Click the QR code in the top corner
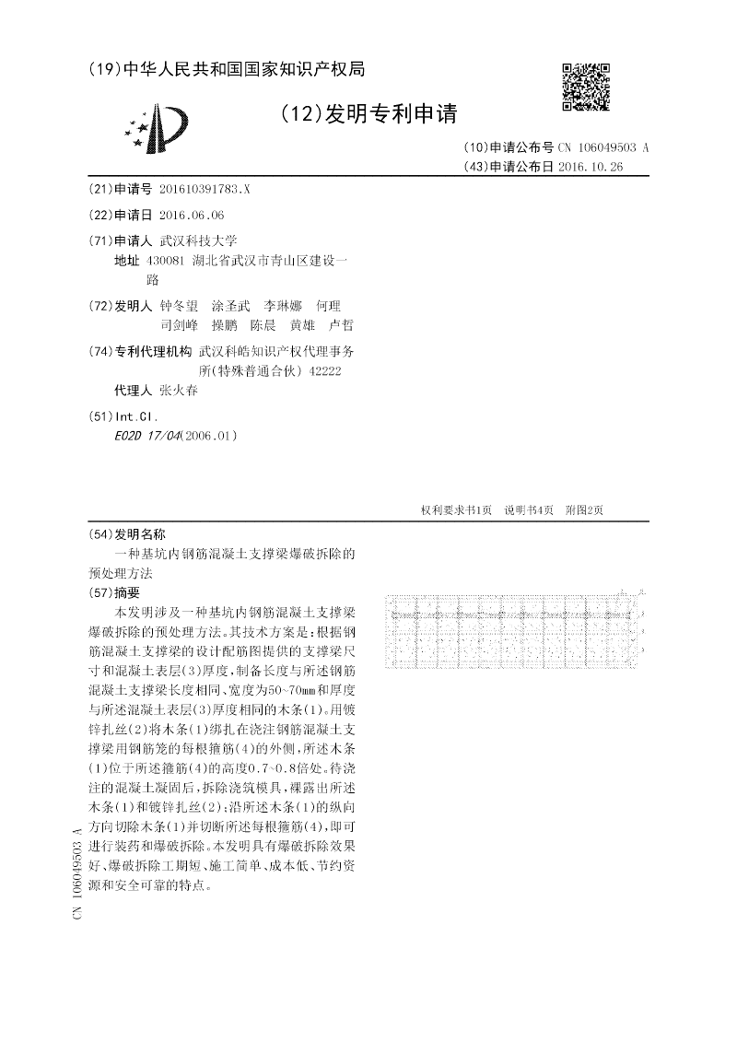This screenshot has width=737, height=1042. point(585,87)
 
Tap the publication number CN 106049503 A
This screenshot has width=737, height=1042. point(603,147)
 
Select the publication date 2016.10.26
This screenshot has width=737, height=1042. point(590,167)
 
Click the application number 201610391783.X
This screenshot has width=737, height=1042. point(205,189)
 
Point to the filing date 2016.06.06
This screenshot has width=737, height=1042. point(192,215)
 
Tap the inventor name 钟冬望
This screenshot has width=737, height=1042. point(179,305)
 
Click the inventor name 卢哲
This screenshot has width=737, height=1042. point(341,325)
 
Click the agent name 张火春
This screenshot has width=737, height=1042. point(179,391)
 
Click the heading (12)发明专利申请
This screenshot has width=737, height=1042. point(368,113)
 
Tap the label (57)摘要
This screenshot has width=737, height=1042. point(113,591)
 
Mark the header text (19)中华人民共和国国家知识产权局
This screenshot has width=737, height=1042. point(227,69)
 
